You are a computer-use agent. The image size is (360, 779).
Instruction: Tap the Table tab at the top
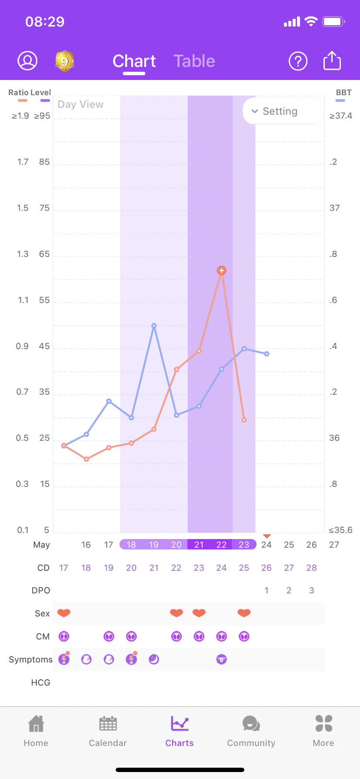coord(194,61)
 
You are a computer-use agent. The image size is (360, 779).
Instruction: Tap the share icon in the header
coord(332,61)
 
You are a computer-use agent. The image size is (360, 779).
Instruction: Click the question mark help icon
coord(298,61)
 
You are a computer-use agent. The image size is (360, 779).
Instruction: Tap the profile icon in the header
coord(27,61)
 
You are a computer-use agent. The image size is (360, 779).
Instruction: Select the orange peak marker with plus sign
coord(222,270)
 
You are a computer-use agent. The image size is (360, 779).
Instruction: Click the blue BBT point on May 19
coord(154,326)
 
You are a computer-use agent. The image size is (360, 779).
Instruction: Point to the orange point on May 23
coord(244,420)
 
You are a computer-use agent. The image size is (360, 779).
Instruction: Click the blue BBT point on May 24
coord(267,354)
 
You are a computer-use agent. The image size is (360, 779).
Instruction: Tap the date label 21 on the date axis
coord(199,545)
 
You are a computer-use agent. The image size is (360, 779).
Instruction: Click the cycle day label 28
coord(311,568)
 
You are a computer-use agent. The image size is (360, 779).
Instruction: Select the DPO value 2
coord(289,590)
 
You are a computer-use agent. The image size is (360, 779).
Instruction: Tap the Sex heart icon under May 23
coord(244,613)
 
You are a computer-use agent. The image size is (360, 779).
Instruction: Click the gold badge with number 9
coord(64,61)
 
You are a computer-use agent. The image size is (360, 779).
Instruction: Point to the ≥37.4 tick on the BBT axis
coord(341,116)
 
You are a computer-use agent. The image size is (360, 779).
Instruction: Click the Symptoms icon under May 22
coord(222,659)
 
